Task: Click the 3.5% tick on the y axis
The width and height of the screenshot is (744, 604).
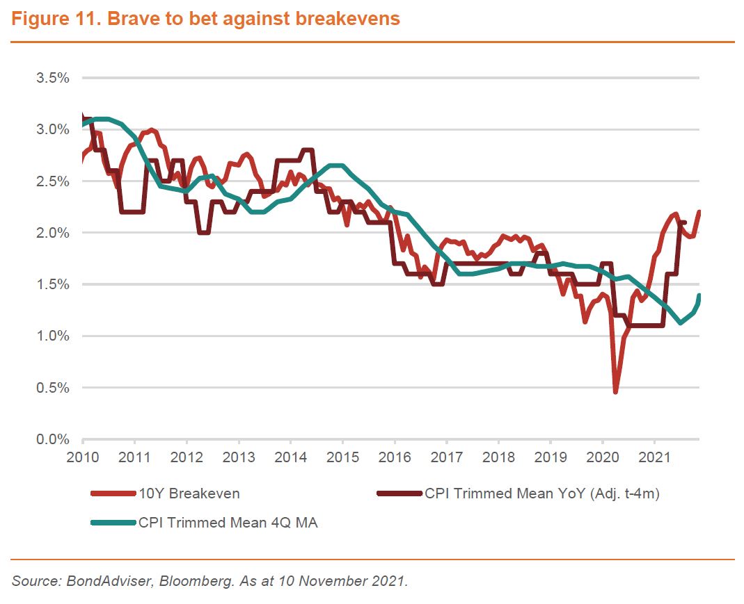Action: [x=53, y=78]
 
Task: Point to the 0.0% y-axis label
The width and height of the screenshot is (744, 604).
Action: [x=53, y=439]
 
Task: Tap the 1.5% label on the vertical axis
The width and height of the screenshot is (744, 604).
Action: [x=53, y=284]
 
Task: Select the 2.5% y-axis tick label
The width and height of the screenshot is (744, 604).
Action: [x=53, y=181]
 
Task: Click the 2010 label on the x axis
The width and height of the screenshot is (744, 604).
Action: [x=83, y=459]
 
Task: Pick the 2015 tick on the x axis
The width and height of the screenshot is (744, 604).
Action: [x=342, y=459]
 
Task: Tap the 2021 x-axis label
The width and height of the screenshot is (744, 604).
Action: [x=654, y=459]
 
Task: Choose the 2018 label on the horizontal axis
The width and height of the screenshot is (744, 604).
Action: [x=498, y=459]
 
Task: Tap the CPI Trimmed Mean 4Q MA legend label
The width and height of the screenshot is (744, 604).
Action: [x=228, y=523]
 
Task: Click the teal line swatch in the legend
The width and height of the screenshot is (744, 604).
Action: [x=113, y=523]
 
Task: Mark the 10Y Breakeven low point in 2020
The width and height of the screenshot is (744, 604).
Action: [x=615, y=392]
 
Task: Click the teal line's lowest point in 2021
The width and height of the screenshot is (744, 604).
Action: [x=681, y=323]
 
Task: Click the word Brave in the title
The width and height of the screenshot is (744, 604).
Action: [x=136, y=19]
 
